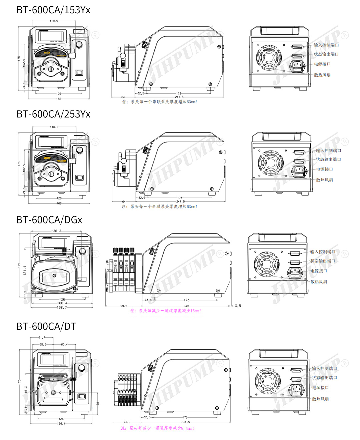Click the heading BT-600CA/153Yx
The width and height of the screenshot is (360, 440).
[x=53, y=10]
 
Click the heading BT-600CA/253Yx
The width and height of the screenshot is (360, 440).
[x=53, y=114]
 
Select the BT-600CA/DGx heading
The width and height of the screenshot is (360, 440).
[x=49, y=220]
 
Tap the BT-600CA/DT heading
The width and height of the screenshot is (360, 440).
[x=46, y=326]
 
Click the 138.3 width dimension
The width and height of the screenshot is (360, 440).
[x=56, y=231]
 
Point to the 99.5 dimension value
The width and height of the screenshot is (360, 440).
[x=124, y=306]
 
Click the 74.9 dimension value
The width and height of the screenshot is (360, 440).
[x=127, y=422]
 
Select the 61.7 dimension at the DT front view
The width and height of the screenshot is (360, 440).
[x=42, y=337]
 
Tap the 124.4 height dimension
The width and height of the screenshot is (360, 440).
[x=25, y=270]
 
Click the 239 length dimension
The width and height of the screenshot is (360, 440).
[x=186, y=306]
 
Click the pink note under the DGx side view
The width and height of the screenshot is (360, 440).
[x=166, y=311]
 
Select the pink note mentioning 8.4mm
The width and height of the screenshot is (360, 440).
[x=157, y=428]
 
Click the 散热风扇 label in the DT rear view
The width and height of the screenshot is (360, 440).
[x=320, y=399]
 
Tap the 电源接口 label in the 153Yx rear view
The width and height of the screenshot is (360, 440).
[x=322, y=64]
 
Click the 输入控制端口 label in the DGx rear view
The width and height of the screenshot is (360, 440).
[x=323, y=252]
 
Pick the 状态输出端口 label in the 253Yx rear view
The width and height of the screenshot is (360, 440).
[x=328, y=160]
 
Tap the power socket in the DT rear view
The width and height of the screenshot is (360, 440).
[x=296, y=388]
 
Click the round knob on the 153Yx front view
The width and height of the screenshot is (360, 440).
[x=79, y=44]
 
